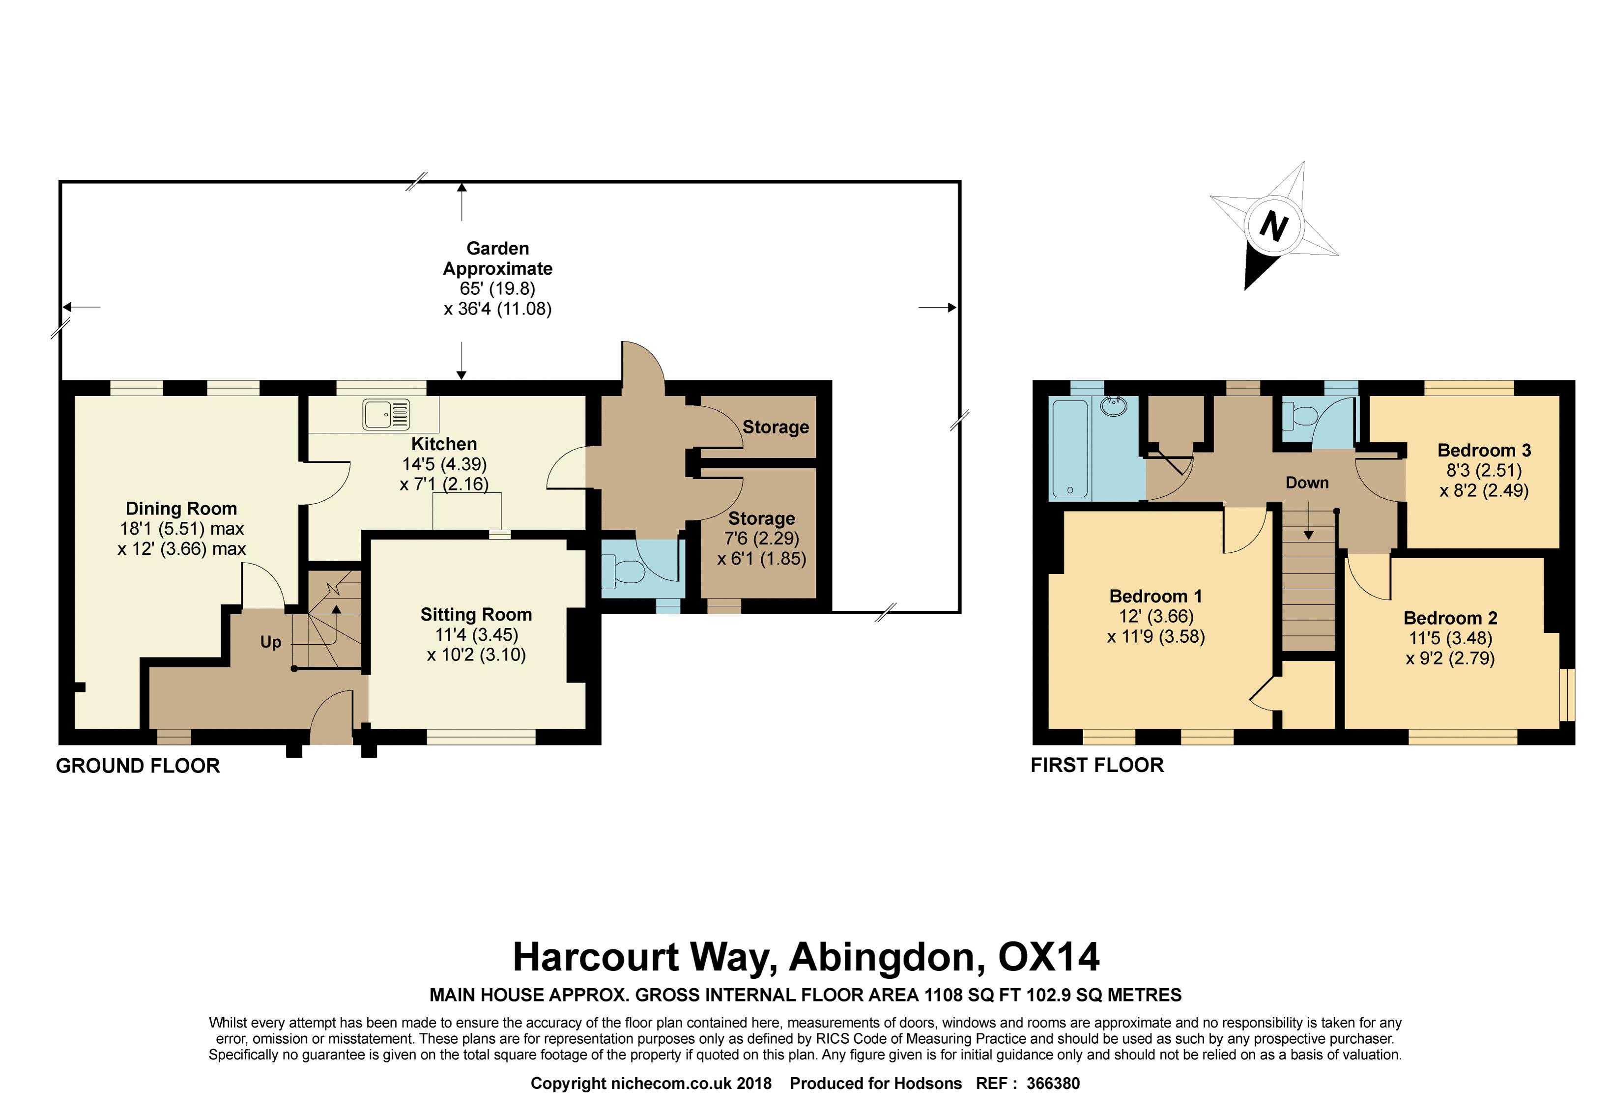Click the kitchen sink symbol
(386, 415)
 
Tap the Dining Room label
(181, 509)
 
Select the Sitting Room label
(476, 614)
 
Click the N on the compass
(1274, 227)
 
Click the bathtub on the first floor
(1069, 449)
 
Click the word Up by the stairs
(271, 642)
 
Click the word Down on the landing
(1307, 483)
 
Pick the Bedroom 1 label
(1156, 596)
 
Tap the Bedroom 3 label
(1484, 450)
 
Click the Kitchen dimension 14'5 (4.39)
(444, 464)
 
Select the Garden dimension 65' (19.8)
(497, 289)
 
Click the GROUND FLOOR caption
(138, 766)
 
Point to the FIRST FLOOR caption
(1097, 765)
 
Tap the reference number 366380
(1053, 1083)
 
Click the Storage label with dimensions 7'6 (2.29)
(762, 519)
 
